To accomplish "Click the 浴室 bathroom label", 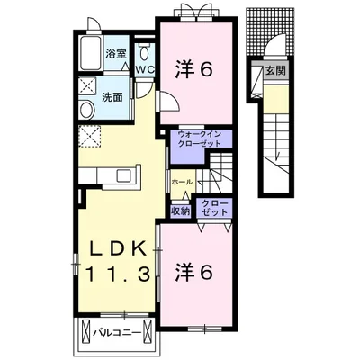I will click(x=114, y=53).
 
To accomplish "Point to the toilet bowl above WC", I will click(x=144, y=49).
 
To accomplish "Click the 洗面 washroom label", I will click(x=112, y=96).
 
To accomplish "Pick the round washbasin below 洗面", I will click(x=87, y=111).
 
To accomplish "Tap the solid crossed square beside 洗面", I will click(x=88, y=86).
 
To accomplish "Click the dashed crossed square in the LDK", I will click(x=89, y=136).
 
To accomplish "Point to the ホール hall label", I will click(x=182, y=182).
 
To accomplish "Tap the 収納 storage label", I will click(x=180, y=211).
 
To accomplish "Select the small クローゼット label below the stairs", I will click(x=214, y=207).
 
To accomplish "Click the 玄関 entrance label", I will click(x=274, y=72).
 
